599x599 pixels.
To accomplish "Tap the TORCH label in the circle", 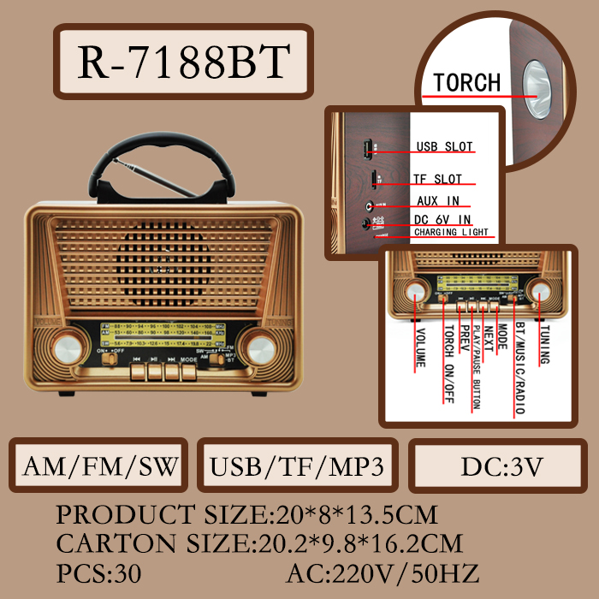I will pos(466,83).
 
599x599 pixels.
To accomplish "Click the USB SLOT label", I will pos(444,146).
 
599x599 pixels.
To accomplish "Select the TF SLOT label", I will pos(438,179).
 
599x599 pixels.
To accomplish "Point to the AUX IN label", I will pos(438,201).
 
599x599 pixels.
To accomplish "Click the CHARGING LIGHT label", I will pos(451,233).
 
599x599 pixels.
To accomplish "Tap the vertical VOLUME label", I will pos(420,347).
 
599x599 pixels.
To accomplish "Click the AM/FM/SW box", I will pos(101,466).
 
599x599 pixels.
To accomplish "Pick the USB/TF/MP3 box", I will pos(296,466).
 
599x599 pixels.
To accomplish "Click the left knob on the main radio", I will pos(64,348).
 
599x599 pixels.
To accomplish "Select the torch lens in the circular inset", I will pos(538,88).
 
